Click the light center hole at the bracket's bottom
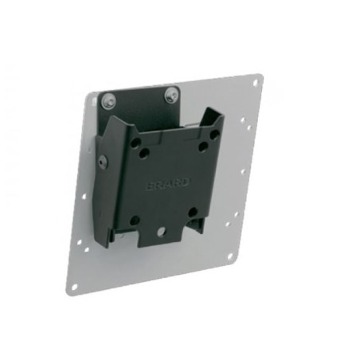(162, 233)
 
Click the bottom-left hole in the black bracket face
(135, 220)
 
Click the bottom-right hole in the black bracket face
(191, 212)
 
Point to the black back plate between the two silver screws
(139, 97)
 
